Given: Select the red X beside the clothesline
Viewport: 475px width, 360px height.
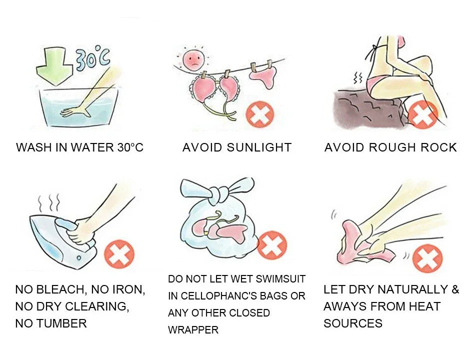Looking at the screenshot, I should coord(260,115).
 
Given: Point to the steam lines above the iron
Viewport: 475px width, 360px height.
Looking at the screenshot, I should coord(50,202).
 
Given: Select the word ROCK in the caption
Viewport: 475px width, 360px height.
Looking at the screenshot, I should coord(438,147).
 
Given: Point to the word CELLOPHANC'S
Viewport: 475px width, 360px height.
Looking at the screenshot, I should coord(234,296).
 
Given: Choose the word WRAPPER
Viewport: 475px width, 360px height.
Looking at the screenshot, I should coord(193,330).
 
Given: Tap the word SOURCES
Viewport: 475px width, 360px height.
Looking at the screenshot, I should coord(352,323).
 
